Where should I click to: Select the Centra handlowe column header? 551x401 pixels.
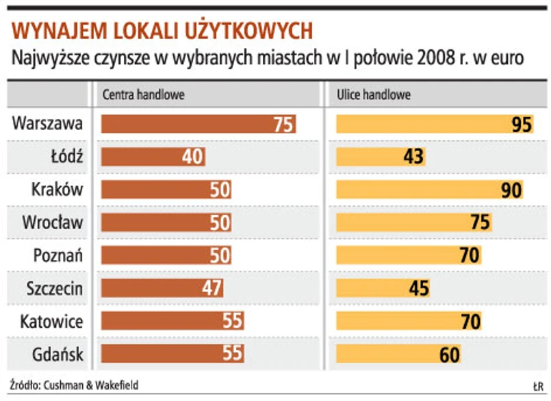(x=143, y=95)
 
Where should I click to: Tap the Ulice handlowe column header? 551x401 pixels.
(x=374, y=95)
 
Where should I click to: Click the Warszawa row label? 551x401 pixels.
(x=48, y=124)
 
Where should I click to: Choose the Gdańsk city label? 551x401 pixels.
(x=57, y=353)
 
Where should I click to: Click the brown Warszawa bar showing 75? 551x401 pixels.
(x=198, y=124)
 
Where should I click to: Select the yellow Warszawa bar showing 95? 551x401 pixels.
(x=435, y=124)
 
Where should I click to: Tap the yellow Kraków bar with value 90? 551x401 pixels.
(x=429, y=190)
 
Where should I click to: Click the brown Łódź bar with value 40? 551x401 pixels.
(x=153, y=157)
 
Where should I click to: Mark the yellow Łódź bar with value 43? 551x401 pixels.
(x=381, y=157)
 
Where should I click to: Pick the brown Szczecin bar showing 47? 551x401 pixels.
(x=162, y=287)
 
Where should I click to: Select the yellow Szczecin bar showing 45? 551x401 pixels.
(x=383, y=287)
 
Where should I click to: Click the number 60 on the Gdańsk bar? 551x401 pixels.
(x=449, y=354)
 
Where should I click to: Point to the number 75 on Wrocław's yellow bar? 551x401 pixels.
(x=480, y=222)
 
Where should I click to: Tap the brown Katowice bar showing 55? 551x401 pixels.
(x=172, y=320)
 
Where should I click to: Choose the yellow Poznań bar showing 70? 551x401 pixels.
(x=409, y=255)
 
